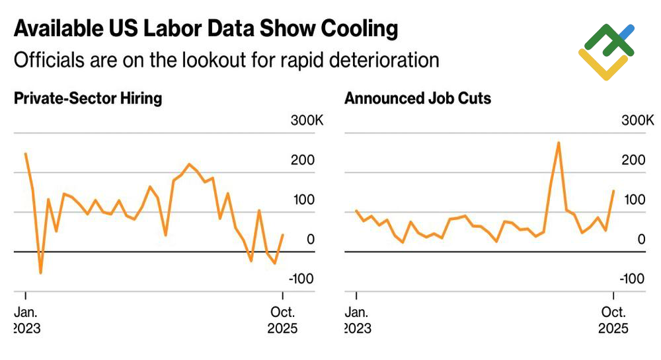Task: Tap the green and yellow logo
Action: pyautogui.click(x=607, y=52)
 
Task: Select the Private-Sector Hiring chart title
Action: pyautogui.click(x=88, y=99)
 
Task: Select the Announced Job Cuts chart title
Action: pyautogui.click(x=418, y=99)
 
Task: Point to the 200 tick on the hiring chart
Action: pyautogui.click(x=305, y=161)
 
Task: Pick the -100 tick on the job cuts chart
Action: pyautogui.click(x=631, y=279)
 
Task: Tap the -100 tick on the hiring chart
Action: pyautogui.click(x=301, y=279)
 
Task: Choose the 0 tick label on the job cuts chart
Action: pyautogui.click(x=640, y=239)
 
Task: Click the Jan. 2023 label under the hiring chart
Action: pyautogui.click(x=27, y=320)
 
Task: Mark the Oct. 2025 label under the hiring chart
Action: pyautogui.click(x=282, y=320)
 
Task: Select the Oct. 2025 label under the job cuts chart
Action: pyautogui.click(x=613, y=320)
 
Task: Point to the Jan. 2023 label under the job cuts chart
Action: pyautogui.click(x=358, y=320)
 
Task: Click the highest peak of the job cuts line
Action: pyautogui.click(x=559, y=143)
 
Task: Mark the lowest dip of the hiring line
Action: pyautogui.click(x=41, y=273)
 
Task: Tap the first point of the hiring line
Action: pyautogui.click(x=25, y=154)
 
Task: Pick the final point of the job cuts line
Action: pyautogui.click(x=613, y=191)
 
